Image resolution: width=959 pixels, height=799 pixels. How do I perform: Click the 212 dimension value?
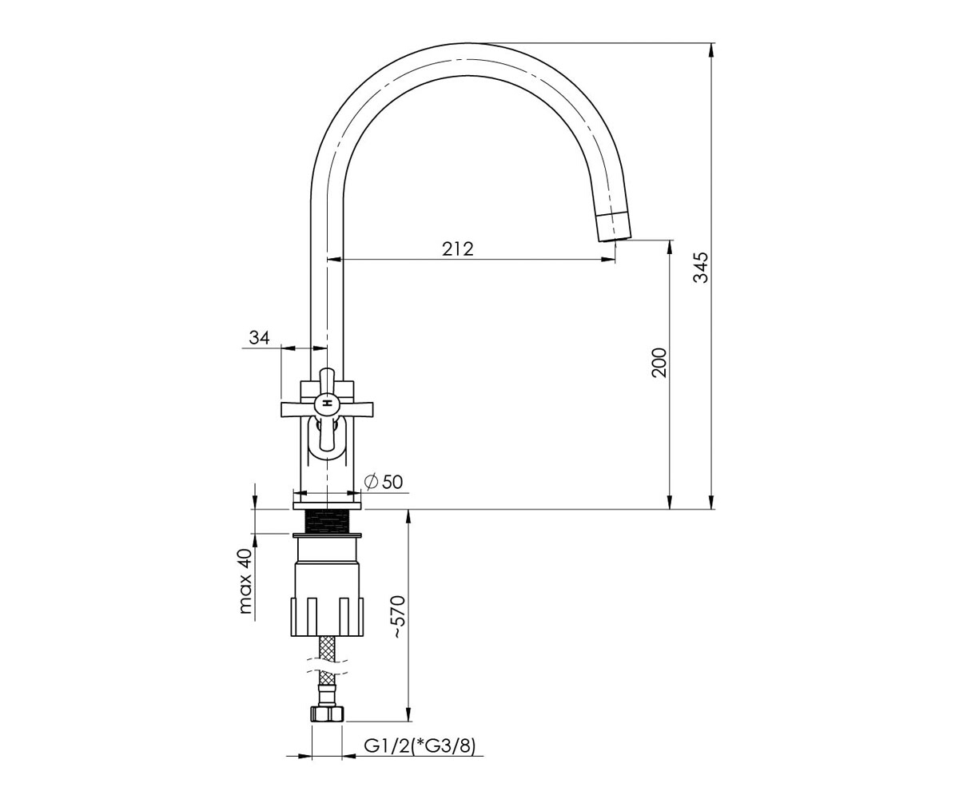457,248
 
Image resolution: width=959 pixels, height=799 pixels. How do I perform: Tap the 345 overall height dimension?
701,267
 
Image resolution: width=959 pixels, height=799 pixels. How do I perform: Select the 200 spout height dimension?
659,363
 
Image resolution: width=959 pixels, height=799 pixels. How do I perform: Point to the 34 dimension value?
259,338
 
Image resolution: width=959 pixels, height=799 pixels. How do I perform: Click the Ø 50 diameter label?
383,482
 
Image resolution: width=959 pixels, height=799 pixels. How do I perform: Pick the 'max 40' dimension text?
245,582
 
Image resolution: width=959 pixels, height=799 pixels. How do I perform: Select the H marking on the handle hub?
327,403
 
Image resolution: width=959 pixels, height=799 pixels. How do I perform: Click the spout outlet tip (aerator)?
614,227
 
